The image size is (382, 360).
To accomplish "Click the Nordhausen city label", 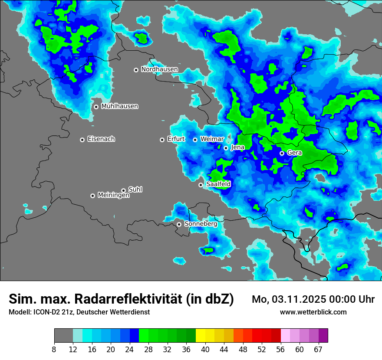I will click(x=159, y=69).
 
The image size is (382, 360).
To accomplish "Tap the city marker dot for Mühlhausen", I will click(x=96, y=107).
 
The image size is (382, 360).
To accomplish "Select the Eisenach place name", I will click(x=101, y=139).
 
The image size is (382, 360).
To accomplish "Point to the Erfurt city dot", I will click(x=162, y=140).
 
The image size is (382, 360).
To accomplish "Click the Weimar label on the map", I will click(x=212, y=139).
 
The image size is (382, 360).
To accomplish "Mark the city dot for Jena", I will click(x=226, y=148).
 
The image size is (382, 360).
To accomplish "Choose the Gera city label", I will click(x=294, y=153).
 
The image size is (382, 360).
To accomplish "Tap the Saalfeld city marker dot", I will click(x=201, y=185).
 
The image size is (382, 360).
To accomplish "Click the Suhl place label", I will click(x=135, y=190).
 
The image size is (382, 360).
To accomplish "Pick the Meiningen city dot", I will click(x=92, y=196).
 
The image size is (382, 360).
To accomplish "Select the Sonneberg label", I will click(x=201, y=224).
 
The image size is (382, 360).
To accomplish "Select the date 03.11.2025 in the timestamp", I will click(x=300, y=299).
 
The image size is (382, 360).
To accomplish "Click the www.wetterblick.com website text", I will click(x=313, y=312).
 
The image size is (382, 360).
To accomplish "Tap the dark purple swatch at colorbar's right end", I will click(x=323, y=336).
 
